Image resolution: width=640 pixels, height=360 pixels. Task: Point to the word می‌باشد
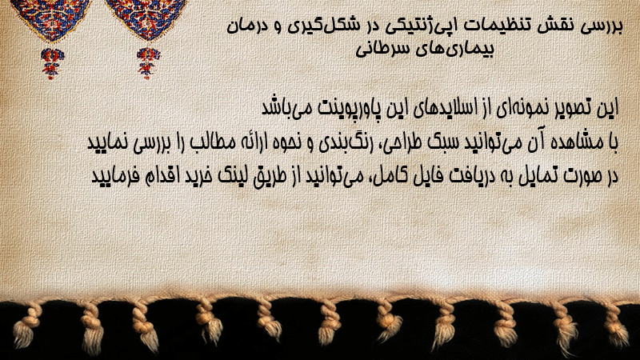286,108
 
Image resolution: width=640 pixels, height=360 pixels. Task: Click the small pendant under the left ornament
52,63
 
